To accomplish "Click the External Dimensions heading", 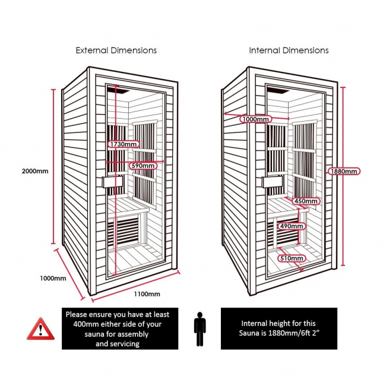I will [116, 50].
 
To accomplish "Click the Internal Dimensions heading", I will [289, 50].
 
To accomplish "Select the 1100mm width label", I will [145, 294].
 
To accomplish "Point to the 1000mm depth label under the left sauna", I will [53, 278].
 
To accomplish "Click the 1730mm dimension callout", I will [124, 144].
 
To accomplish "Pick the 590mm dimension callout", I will [143, 164].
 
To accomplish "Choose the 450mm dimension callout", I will [306, 201].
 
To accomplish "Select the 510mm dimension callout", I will [291, 258].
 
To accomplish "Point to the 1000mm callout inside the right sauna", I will [255, 119].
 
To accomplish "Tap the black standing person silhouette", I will [200, 327].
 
